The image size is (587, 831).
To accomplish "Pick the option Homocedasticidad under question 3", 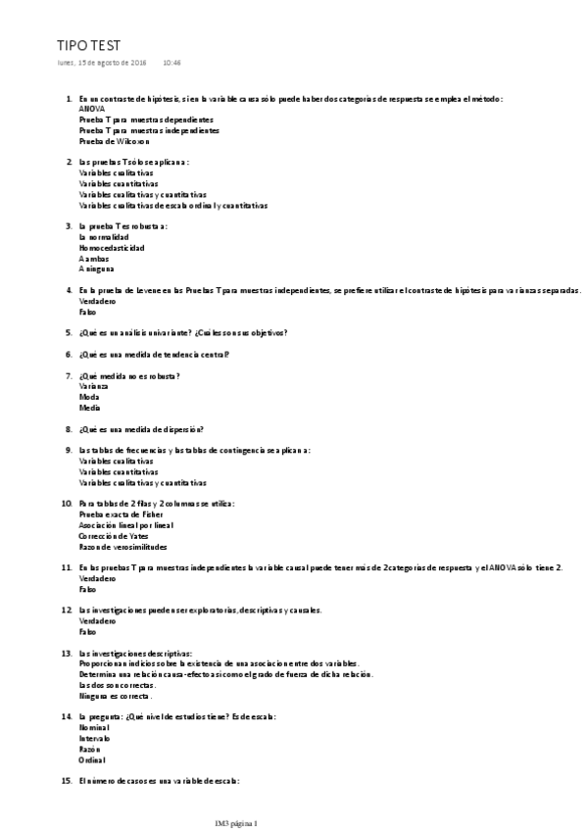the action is (x=111, y=248).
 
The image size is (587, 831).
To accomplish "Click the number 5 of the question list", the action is (x=69, y=332).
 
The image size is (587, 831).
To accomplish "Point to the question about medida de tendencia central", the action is (x=154, y=354).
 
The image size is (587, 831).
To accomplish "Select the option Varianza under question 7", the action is (x=93, y=386).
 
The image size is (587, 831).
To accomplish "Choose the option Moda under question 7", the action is (x=89, y=397).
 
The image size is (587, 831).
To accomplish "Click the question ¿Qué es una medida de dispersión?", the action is (x=141, y=428).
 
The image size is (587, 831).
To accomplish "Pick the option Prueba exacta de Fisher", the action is (x=121, y=513).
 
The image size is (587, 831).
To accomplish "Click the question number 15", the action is (x=67, y=781).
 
